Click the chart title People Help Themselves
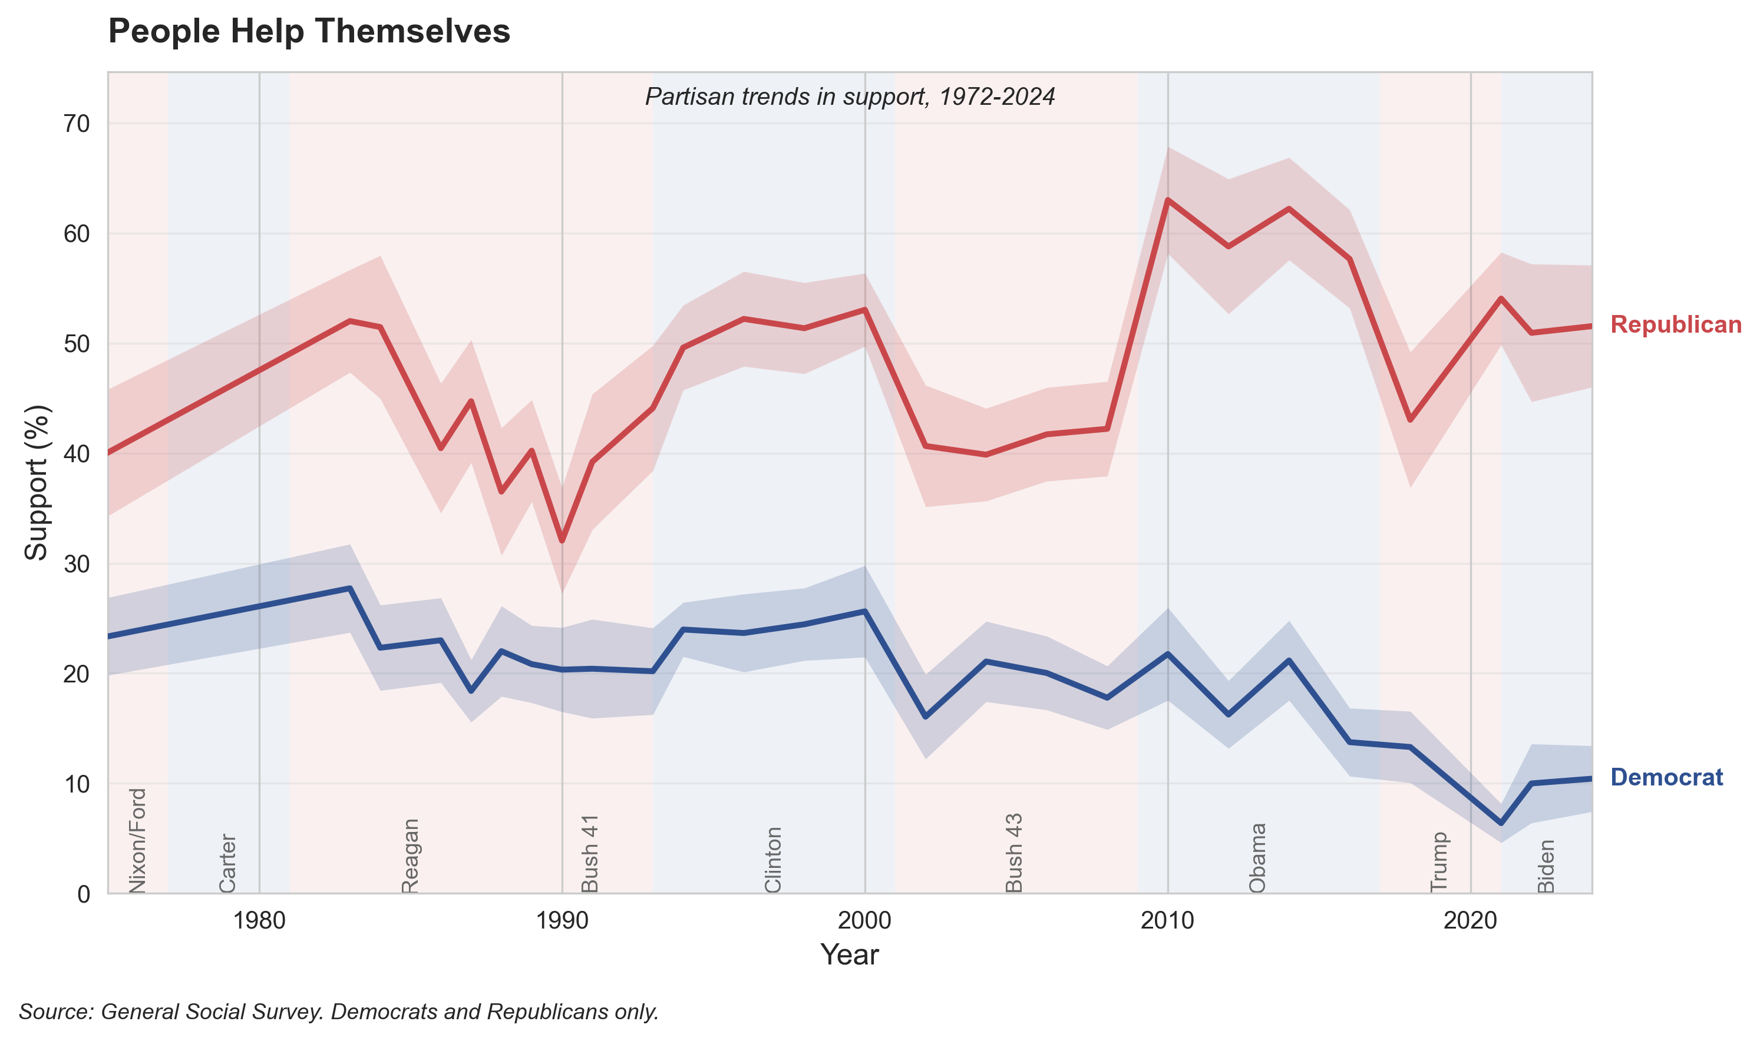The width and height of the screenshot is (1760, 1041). (x=309, y=32)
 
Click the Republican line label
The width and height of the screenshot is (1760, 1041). (x=1675, y=325)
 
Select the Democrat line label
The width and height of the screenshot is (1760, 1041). (x=1666, y=777)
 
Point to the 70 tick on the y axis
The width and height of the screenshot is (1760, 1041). (x=77, y=124)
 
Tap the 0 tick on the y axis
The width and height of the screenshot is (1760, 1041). (x=84, y=894)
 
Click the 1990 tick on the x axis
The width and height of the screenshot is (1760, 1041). (x=562, y=920)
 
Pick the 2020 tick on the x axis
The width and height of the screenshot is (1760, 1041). (x=1470, y=920)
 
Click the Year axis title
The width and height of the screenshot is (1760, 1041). (x=849, y=954)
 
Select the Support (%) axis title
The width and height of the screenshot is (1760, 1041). (x=37, y=483)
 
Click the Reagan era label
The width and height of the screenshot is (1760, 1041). (x=410, y=856)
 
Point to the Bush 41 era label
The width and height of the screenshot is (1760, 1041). (x=590, y=854)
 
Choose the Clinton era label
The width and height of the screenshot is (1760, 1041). (x=772, y=859)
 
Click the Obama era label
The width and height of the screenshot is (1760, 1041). (x=1257, y=858)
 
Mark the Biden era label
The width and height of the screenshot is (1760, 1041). (x=1546, y=866)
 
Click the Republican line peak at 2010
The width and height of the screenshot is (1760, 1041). (x=1167, y=200)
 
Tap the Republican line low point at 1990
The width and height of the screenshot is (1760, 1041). (x=562, y=542)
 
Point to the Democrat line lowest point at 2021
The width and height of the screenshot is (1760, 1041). (x=1500, y=823)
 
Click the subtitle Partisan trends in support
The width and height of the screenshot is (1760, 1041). (x=850, y=97)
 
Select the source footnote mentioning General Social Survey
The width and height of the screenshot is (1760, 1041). (x=339, y=1012)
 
